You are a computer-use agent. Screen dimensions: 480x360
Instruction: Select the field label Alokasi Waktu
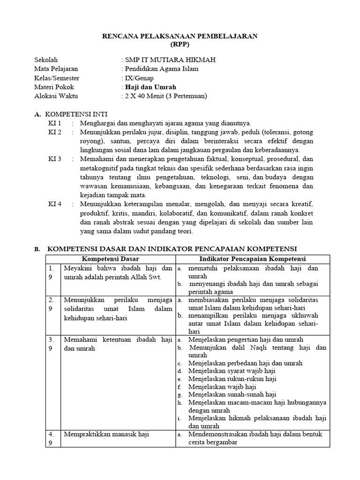pyautogui.click(x=56, y=96)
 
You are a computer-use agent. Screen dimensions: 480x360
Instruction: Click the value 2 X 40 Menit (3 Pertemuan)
pyautogui.click(x=165, y=96)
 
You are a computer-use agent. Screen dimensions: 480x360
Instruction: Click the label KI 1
pyautogui.click(x=55, y=123)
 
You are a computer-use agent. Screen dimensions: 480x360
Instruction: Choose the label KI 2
pyautogui.click(x=55, y=132)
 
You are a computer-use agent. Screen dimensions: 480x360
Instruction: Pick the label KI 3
pyautogui.click(x=55, y=159)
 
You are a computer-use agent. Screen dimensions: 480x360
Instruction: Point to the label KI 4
pyautogui.click(x=55, y=205)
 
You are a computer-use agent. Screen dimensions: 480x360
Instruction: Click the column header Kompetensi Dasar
pyautogui.click(x=111, y=259)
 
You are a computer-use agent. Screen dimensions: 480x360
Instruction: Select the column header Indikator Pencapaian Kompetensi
pyautogui.click(x=252, y=259)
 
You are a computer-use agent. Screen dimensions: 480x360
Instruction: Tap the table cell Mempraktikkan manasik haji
pyautogui.click(x=106, y=435)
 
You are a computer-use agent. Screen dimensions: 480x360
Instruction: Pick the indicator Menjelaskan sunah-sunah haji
pyautogui.click(x=232, y=395)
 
